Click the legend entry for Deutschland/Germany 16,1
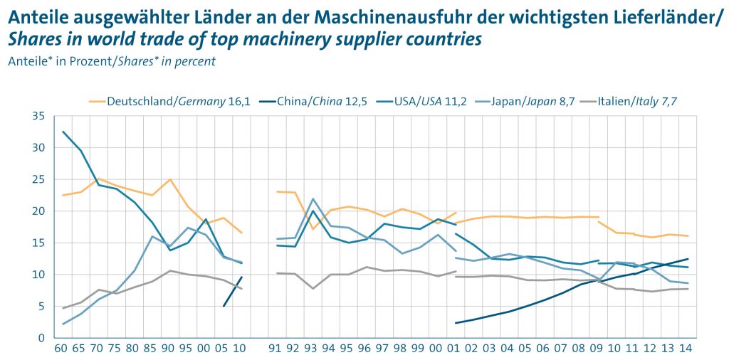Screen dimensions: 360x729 click(x=169, y=101)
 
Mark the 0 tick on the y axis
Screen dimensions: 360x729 click(x=41, y=338)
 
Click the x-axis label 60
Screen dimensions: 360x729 click(x=62, y=349)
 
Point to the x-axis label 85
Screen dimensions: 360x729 click(x=152, y=349)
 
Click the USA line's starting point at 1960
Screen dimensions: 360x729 click(x=63, y=132)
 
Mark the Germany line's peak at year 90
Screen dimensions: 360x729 click(x=170, y=179)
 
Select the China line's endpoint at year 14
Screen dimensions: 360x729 click(x=688, y=259)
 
